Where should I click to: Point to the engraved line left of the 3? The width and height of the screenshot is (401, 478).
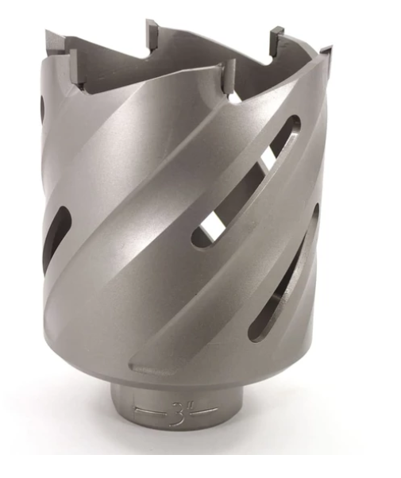click(151, 411)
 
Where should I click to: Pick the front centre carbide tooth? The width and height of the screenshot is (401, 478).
click(228, 76)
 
